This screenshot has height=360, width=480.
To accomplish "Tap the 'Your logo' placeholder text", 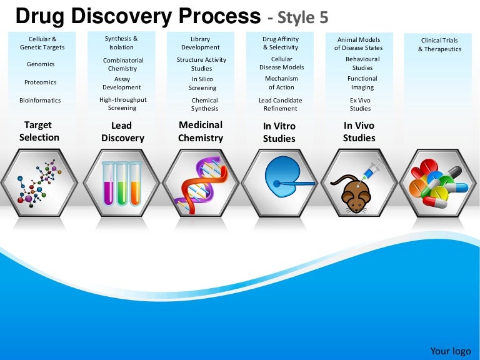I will [x=451, y=351].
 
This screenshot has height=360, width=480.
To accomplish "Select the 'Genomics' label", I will [x=41, y=64].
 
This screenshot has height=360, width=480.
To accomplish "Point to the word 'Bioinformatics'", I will [x=41, y=101].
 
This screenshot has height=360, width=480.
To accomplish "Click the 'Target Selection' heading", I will [x=39, y=131].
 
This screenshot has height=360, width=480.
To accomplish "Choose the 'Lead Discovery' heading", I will [x=122, y=132].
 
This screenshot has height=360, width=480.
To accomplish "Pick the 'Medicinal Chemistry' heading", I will [x=201, y=131].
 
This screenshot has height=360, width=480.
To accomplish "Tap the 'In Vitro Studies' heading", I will [x=279, y=132].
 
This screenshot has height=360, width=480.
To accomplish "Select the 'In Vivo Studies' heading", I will [x=359, y=131].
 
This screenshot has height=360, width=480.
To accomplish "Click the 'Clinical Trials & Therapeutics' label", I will [x=439, y=45].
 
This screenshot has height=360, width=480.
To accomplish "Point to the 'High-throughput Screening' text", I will [x=122, y=104].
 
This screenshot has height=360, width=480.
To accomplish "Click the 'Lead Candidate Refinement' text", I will [x=280, y=104].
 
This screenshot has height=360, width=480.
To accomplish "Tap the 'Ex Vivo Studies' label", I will [x=360, y=104].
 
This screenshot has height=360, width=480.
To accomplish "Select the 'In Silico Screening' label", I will [x=202, y=84].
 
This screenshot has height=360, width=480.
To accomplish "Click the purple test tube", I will [x=109, y=183].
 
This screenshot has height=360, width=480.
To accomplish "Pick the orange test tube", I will [x=135, y=183].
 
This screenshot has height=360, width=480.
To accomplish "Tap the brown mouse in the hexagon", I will [x=355, y=195].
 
